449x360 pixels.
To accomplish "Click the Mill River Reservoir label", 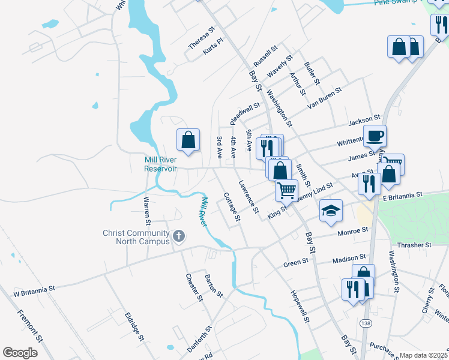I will [x=160, y=164].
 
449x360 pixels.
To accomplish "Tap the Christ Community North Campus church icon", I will [x=178, y=237].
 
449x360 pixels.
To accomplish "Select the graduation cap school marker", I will [x=331, y=211].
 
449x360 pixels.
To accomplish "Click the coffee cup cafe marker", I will [x=375, y=136].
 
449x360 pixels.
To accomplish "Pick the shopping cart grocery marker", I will [x=287, y=190].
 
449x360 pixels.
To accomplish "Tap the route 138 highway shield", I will [x=365, y=323].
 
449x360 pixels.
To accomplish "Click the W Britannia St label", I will [x=34, y=288].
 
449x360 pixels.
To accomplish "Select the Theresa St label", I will [x=201, y=37].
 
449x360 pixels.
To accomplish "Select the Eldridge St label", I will [x=134, y=326].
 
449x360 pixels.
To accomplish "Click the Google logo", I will [x=20, y=353].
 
